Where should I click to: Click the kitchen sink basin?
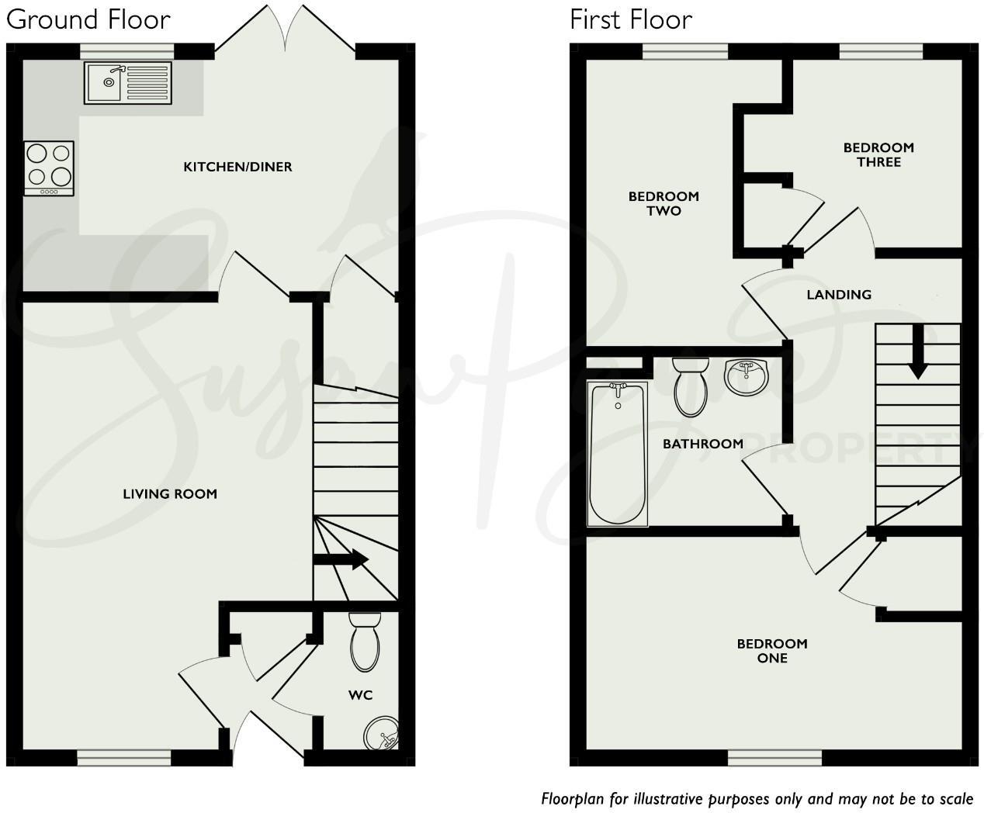(104, 82)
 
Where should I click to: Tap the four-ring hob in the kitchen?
(49, 168)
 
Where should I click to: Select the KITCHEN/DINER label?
(237, 167)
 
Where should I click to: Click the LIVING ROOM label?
(170, 493)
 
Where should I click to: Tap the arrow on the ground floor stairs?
(341, 559)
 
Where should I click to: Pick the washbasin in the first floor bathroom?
(746, 377)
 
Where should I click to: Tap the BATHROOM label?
(702, 444)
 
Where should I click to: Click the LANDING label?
(838, 295)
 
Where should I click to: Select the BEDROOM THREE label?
(878, 154)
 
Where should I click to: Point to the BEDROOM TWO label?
(664, 203)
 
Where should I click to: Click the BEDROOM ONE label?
(772, 651)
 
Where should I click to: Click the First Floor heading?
(630, 19)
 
